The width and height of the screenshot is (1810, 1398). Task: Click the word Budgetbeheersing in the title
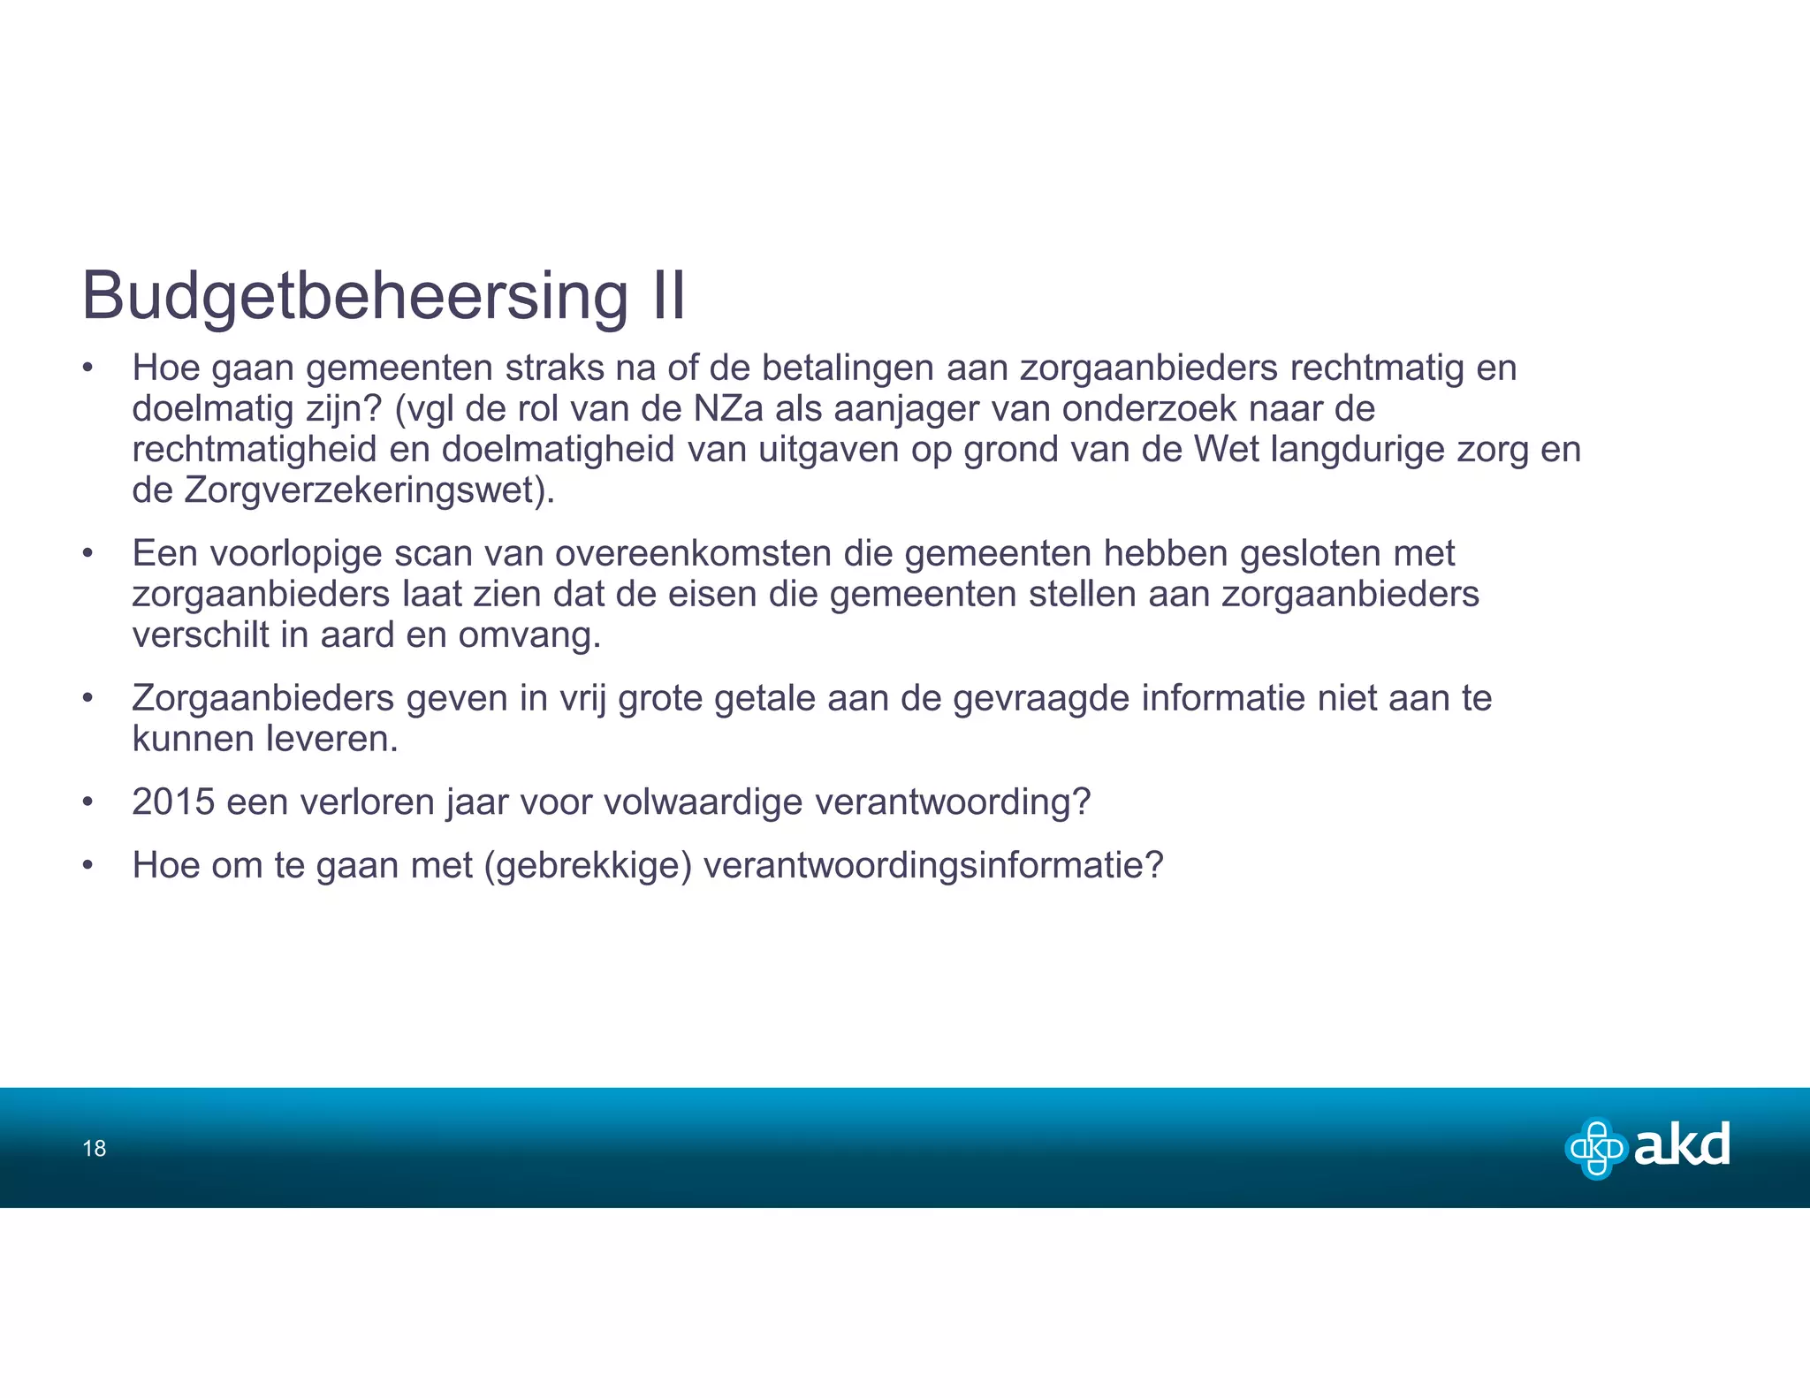tap(354, 296)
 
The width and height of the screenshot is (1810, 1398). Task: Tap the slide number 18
tap(94, 1148)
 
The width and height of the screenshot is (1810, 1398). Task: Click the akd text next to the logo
tap(1681, 1146)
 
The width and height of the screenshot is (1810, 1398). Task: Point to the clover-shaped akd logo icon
tap(1596, 1148)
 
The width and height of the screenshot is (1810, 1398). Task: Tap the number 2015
tap(173, 802)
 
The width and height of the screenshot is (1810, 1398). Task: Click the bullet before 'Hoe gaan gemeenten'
tap(87, 368)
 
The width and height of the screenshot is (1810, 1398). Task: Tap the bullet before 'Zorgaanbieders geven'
tap(87, 699)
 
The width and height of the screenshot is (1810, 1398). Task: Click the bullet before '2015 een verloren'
tap(87, 802)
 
